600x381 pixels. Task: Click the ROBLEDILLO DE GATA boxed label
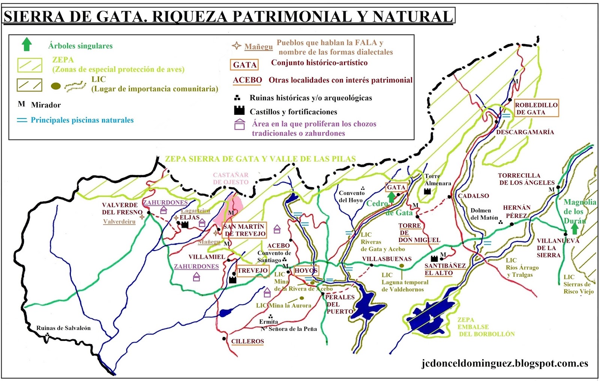click(536, 108)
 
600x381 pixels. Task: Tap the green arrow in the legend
click(26, 45)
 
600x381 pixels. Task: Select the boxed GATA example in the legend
click(244, 65)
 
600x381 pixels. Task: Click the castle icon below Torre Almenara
click(427, 191)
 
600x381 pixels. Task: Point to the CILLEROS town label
click(247, 341)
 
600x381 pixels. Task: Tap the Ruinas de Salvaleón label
click(63, 328)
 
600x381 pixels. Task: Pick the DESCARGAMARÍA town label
click(525, 132)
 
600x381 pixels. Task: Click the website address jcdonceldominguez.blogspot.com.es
click(504, 363)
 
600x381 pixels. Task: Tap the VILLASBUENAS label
click(387, 259)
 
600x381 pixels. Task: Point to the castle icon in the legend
click(239, 110)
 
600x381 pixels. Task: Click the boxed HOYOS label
click(306, 270)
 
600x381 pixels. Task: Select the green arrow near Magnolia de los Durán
click(574, 228)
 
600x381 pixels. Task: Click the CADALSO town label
click(473, 196)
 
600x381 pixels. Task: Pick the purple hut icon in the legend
click(239, 124)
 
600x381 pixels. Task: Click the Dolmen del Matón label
click(484, 214)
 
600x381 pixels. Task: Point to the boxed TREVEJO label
click(252, 270)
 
